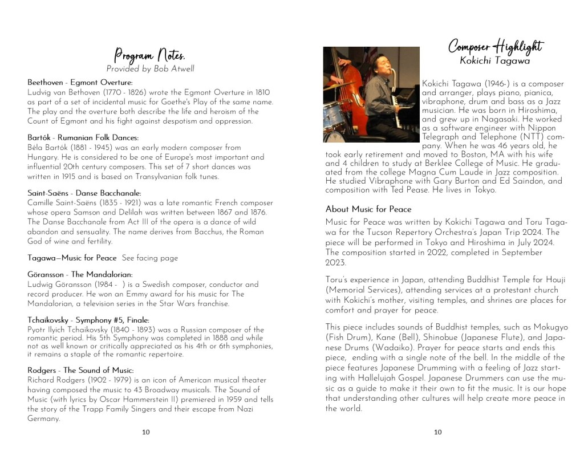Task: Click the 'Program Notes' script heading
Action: pyautogui.click(x=149, y=55)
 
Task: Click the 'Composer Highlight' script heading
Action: pyautogui.click(x=495, y=46)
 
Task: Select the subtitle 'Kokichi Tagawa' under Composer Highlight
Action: pyautogui.click(x=495, y=60)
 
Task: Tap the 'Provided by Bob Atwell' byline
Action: pyautogui.click(x=150, y=69)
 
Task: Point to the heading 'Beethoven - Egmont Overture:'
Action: pyautogui.click(x=80, y=83)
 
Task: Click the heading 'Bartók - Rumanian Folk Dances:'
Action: pyautogui.click(x=83, y=138)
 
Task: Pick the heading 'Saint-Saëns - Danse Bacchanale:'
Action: pyautogui.click(x=84, y=193)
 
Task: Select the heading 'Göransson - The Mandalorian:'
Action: pyautogui.click(x=80, y=275)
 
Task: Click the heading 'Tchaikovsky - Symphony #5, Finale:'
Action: pyautogui.click(x=88, y=320)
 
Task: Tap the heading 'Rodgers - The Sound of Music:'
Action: pyautogui.click(x=80, y=371)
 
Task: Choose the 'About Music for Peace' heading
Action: pyautogui.click(x=368, y=209)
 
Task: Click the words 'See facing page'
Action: pyautogui.click(x=150, y=258)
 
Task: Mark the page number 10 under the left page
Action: pyautogui.click(x=146, y=432)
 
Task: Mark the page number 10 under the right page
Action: pyautogui.click(x=437, y=432)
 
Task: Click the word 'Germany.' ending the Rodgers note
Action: pyautogui.click(x=43, y=419)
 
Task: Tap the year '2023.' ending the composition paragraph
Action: pyautogui.click(x=337, y=263)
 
